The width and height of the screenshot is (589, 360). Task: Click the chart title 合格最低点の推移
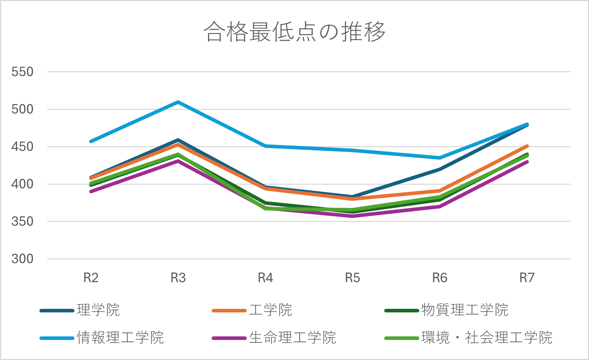pos(294,32)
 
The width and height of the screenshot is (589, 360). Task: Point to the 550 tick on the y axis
pos(22,72)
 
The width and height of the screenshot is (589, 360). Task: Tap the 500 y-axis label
pos(22,110)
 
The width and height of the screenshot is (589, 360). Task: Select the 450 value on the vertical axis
pos(22,147)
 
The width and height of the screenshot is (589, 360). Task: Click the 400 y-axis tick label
pos(22,184)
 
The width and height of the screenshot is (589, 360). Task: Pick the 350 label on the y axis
pos(22,222)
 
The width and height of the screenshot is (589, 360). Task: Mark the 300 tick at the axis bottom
pos(22,259)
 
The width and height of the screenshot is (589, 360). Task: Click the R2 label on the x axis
pos(91,278)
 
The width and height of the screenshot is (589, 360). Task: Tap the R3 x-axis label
pos(178,278)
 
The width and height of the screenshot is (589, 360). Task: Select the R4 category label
pos(265,278)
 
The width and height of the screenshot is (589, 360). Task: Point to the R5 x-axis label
pos(352,278)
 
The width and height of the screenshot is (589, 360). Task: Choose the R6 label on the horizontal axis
pos(440,278)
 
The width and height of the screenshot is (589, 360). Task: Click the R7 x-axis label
pos(527,278)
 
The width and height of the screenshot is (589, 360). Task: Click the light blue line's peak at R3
pos(178,102)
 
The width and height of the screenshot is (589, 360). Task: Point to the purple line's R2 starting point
pos(91,191)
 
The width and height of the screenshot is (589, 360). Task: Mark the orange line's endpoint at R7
pos(527,146)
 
